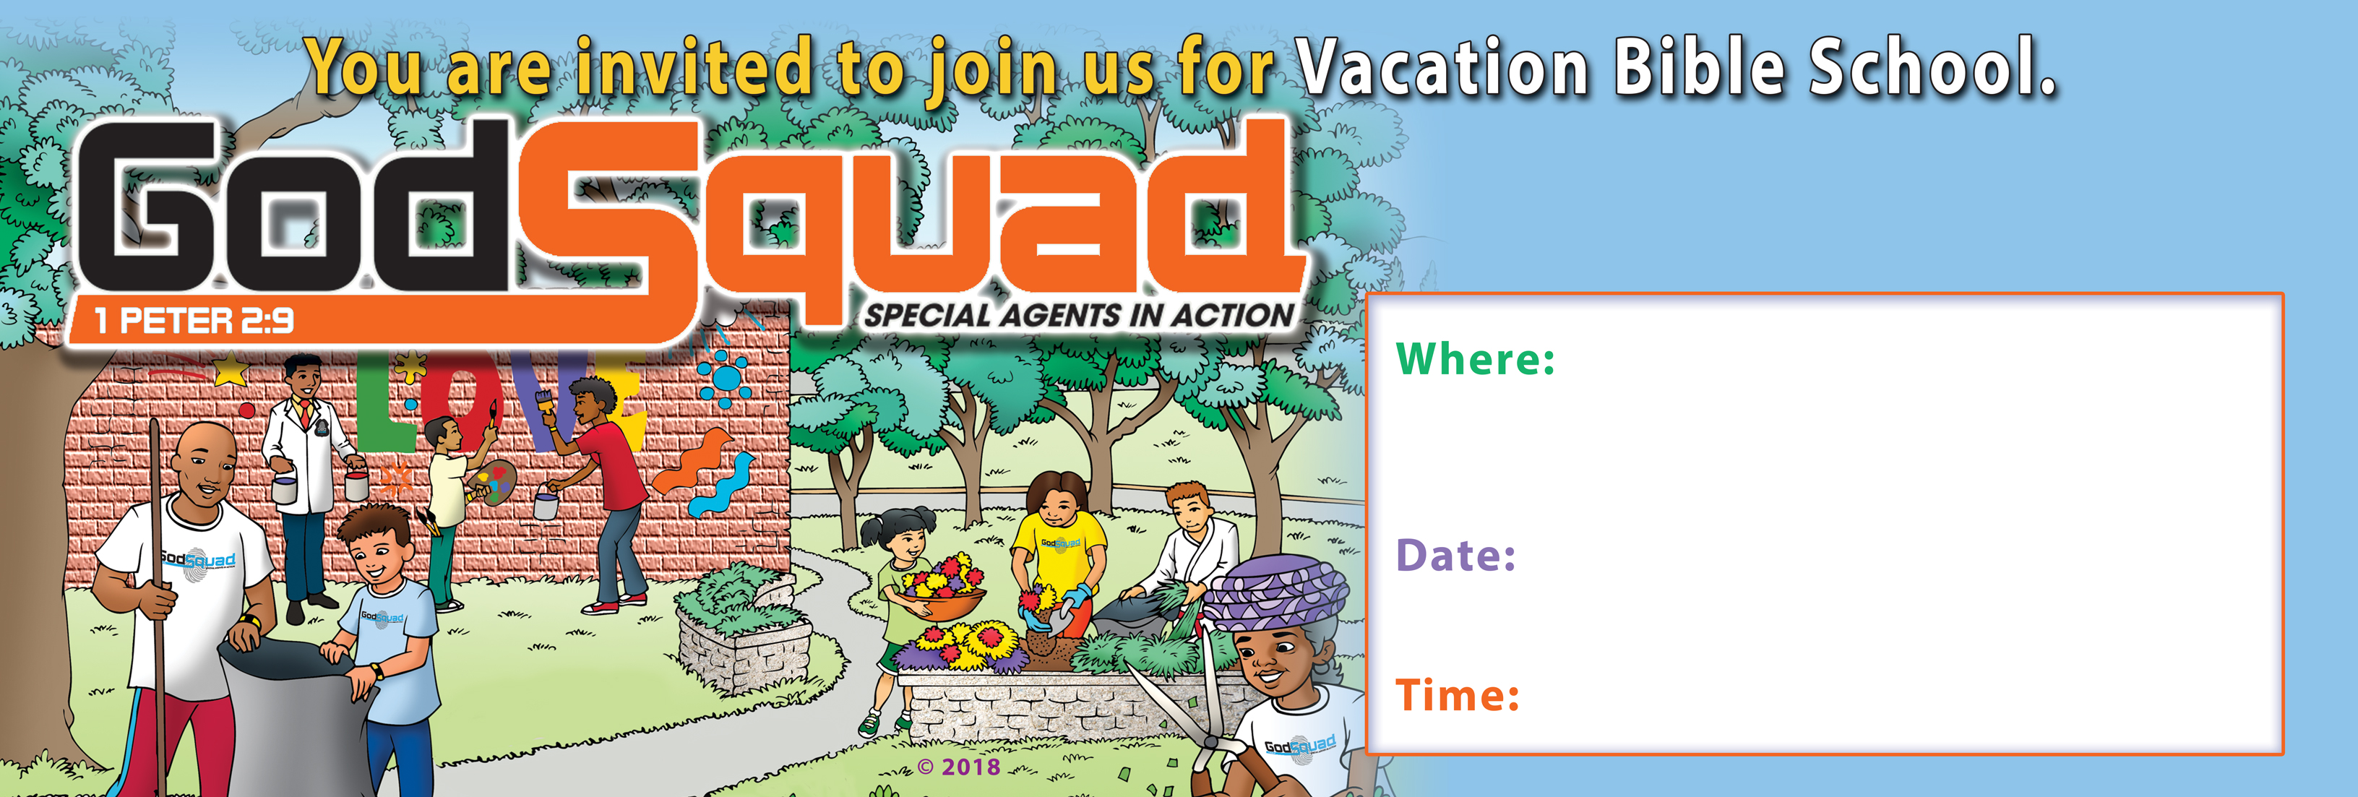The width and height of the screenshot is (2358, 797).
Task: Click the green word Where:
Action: pos(1475,358)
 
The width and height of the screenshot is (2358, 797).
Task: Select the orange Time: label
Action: pos(1458,694)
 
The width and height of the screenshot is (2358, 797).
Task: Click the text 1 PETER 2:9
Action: pos(194,320)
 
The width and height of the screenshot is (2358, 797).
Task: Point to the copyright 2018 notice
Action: pos(958,767)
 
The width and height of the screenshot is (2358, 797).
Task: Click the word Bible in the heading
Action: pos(1698,68)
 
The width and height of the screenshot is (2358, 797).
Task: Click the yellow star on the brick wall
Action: pos(231,370)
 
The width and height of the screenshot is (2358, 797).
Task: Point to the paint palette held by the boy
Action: pos(491,482)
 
